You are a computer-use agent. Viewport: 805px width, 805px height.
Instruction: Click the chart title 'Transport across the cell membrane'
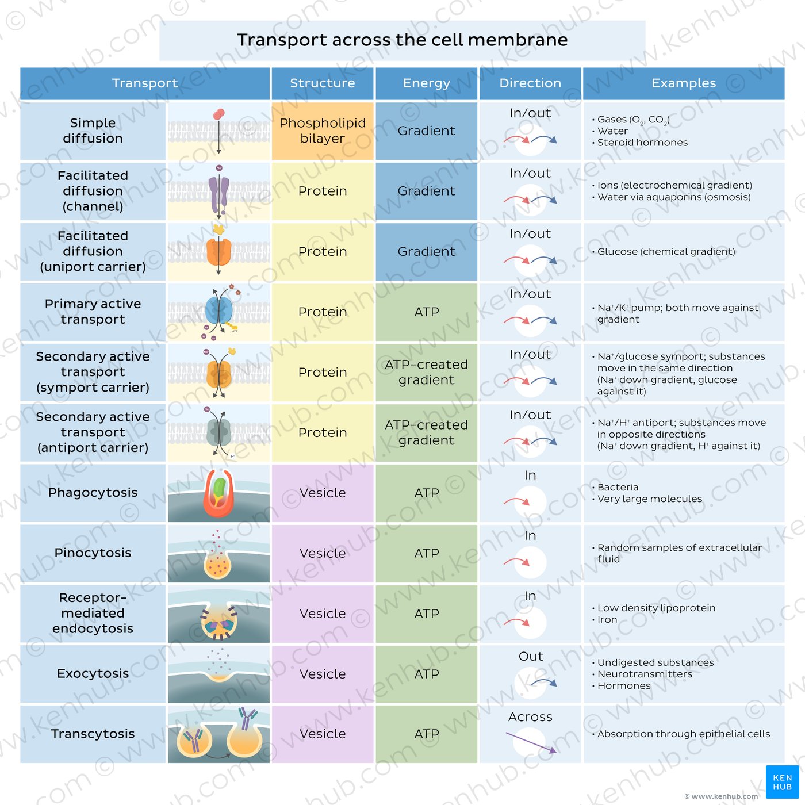tap(402, 40)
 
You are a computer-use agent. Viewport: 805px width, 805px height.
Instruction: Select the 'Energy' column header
tap(426, 83)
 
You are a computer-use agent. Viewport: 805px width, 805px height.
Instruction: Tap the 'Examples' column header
tap(683, 83)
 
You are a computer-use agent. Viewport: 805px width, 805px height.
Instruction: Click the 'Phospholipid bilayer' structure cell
tap(322, 131)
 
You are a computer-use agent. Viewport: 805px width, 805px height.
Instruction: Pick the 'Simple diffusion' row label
tap(93, 131)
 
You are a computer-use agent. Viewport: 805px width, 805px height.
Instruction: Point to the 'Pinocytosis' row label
tap(93, 553)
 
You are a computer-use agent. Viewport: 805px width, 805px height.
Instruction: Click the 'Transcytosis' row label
tap(93, 734)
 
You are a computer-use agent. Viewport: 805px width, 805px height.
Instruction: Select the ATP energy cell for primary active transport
tap(426, 312)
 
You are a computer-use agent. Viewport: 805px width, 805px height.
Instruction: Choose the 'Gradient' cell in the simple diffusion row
tap(426, 131)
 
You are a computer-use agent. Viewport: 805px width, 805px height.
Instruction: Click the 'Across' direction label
tap(530, 717)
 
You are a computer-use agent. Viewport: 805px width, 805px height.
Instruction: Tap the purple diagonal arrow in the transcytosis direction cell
tap(530, 742)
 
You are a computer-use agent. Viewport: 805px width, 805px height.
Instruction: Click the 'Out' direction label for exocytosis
tap(530, 657)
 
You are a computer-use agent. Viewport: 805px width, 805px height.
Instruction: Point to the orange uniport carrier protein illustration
tap(218, 251)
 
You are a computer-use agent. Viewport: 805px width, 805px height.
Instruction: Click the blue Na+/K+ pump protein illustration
tap(218, 311)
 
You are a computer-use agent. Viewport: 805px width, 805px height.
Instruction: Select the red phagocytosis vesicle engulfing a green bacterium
tap(218, 493)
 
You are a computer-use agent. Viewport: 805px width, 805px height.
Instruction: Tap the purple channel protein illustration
tap(218, 193)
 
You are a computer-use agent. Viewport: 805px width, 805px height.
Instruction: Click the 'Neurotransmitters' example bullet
tap(644, 674)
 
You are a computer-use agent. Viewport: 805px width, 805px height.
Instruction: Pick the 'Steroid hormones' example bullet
tap(642, 143)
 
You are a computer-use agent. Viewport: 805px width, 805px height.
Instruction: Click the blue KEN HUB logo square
tap(782, 782)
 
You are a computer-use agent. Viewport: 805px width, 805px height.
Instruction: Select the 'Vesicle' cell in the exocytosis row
tap(322, 674)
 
